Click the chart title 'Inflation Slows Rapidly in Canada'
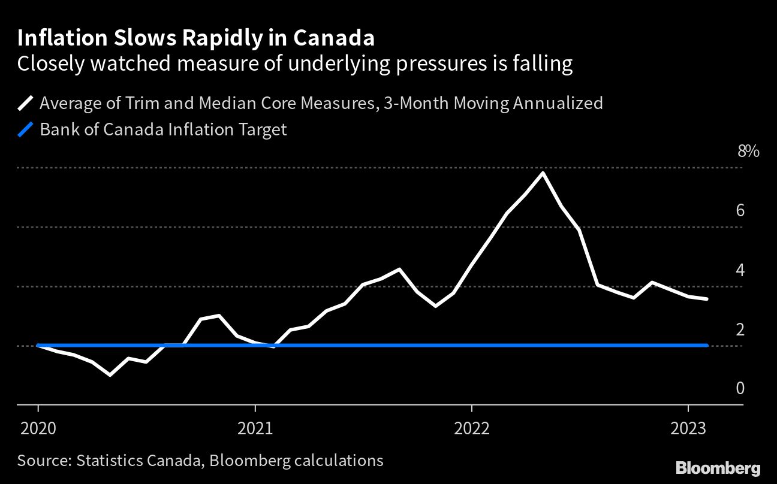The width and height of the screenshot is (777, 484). point(196,38)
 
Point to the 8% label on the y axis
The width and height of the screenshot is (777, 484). point(748,152)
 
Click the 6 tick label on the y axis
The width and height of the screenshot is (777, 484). point(740,211)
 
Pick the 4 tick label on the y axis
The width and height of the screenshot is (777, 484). point(740,270)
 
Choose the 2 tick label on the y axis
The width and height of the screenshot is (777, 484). point(740,329)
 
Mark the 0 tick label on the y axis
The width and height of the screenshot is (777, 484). point(740,389)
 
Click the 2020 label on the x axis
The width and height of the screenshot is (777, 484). point(38,428)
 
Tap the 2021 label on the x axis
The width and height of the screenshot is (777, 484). point(255,428)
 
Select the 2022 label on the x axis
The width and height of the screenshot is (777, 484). point(472,428)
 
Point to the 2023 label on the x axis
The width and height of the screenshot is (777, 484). point(688,428)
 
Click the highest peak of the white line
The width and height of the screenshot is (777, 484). point(543,173)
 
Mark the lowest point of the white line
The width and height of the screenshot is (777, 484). point(110,375)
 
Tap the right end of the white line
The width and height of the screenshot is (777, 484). point(707,299)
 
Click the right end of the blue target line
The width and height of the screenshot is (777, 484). point(707,346)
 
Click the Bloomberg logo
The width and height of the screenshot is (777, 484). point(718,468)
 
